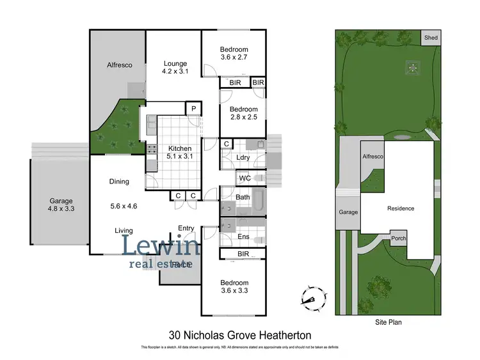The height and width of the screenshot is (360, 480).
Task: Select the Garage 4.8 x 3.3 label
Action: (x=61, y=205)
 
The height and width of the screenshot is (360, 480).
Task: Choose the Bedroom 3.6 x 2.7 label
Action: (x=234, y=54)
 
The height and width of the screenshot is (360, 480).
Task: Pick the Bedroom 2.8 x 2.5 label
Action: (x=243, y=113)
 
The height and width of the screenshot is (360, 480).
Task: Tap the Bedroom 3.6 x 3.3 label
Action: (x=234, y=286)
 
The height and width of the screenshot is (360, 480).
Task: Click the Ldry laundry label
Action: (x=243, y=157)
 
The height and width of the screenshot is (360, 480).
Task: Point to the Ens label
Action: (x=243, y=236)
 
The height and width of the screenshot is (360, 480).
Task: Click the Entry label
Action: (x=186, y=228)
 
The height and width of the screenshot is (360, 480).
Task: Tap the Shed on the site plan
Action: (x=431, y=38)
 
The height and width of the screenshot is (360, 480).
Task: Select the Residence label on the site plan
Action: (x=401, y=208)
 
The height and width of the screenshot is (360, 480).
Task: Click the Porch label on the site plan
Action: (x=399, y=240)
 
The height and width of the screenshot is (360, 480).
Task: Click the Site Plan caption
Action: (x=388, y=323)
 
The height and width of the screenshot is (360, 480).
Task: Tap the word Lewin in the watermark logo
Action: (x=161, y=245)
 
